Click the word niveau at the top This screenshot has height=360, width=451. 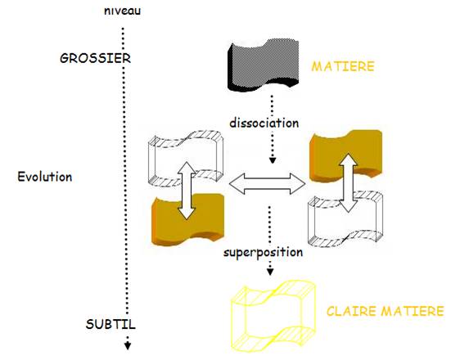[x=122, y=11]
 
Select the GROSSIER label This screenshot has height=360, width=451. [x=95, y=59]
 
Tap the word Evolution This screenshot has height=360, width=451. [x=45, y=177]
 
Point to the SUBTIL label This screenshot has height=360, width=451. [x=110, y=324]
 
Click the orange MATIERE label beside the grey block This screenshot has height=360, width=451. [x=343, y=66]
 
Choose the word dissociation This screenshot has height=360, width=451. [x=264, y=123]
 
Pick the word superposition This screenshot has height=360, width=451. [x=264, y=253]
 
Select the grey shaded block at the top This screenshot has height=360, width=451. [x=264, y=65]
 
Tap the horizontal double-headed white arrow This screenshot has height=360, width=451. [x=267, y=184]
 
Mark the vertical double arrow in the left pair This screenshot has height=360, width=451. [x=187, y=191]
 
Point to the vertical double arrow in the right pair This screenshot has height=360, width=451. [x=349, y=183]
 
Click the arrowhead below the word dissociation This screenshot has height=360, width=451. [x=272, y=160]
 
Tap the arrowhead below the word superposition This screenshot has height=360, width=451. [x=270, y=272]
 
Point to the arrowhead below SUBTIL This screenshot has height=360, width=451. [x=128, y=345]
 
